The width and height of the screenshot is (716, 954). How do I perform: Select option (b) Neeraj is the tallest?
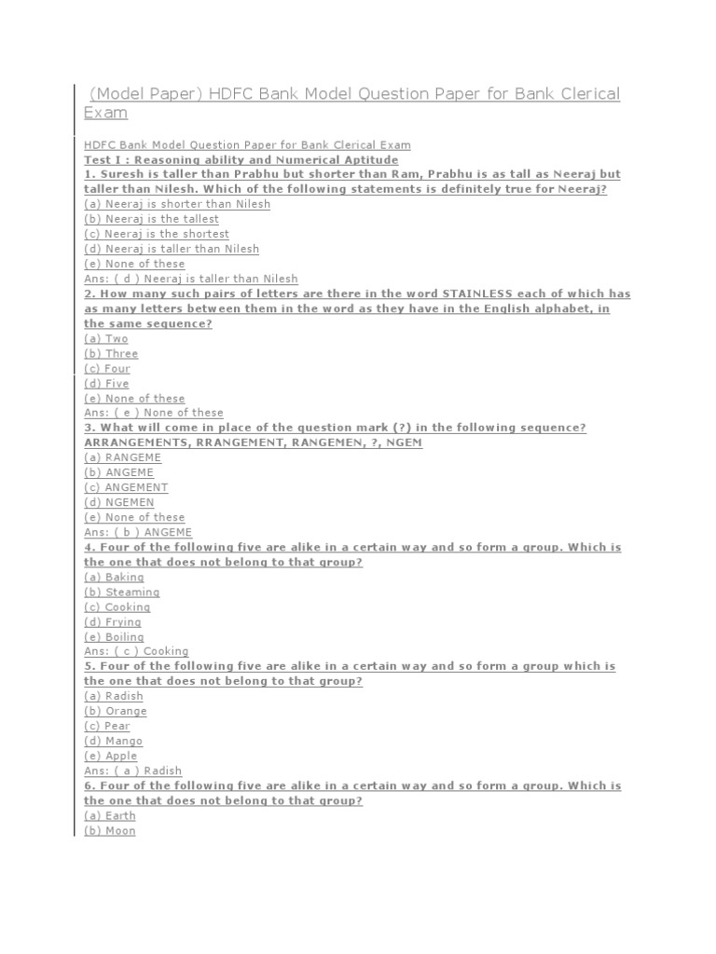pyautogui.click(x=151, y=219)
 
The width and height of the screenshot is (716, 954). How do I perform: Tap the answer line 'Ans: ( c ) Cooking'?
pyautogui.click(x=136, y=651)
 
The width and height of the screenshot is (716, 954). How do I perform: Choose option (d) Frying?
pyautogui.click(x=113, y=621)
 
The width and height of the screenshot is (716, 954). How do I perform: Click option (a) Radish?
pyautogui.click(x=114, y=696)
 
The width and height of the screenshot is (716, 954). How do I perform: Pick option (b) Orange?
pyautogui.click(x=116, y=711)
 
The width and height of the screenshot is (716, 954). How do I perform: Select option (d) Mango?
pyautogui.click(x=114, y=741)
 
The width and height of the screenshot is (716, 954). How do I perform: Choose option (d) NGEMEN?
pyautogui.click(x=119, y=502)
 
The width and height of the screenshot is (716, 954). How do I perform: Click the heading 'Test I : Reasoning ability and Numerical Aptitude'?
pyautogui.click(x=241, y=159)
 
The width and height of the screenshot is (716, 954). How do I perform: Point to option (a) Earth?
pyautogui.click(x=110, y=815)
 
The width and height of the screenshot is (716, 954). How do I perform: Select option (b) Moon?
pyautogui.click(x=110, y=830)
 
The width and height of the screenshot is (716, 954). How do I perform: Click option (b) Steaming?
pyautogui.click(x=121, y=592)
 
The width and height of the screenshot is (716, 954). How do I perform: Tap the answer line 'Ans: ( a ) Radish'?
pyautogui.click(x=132, y=770)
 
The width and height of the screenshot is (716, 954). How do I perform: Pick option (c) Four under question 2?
pyautogui.click(x=107, y=368)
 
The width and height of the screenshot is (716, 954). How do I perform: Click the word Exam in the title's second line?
pyautogui.click(x=105, y=113)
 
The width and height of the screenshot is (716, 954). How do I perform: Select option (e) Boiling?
pyautogui.click(x=114, y=636)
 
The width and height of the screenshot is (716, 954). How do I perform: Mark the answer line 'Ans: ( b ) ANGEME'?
pyautogui.click(x=138, y=532)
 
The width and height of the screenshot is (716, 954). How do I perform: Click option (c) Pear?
pyautogui.click(x=107, y=726)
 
